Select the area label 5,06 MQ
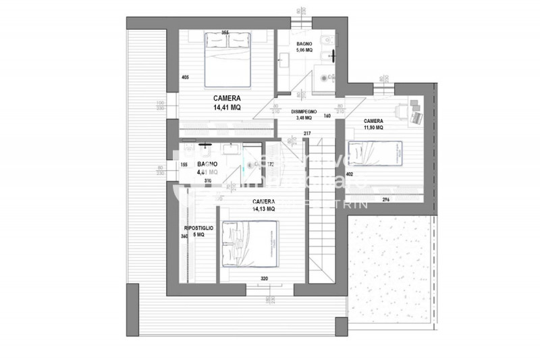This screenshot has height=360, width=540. [304, 50]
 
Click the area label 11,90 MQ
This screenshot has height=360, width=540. [373, 126]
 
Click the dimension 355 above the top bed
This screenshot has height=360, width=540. [225, 32]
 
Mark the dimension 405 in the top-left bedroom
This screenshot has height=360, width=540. [185, 77]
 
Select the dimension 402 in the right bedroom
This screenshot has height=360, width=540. [350, 174]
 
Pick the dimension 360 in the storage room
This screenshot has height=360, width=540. [184, 236]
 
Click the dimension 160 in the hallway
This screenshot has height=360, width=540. [327, 115]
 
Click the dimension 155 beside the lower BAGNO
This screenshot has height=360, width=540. [183, 165]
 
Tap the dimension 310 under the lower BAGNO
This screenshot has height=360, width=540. [208, 181]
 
